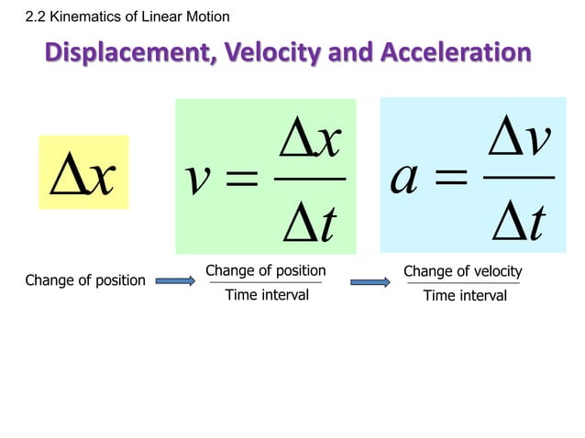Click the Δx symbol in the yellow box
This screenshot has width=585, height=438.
coord(83,174)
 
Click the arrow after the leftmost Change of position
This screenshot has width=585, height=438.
coord(175,281)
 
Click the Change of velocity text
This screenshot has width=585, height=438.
coord(462,271)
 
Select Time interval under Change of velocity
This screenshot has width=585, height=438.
coord(464,296)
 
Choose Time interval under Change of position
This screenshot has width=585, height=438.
coord(266,295)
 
